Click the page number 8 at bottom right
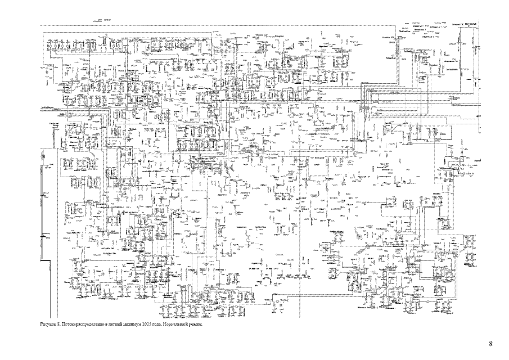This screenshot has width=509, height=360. (x=490, y=344)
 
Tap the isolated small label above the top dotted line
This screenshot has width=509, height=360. (x=103, y=20)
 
